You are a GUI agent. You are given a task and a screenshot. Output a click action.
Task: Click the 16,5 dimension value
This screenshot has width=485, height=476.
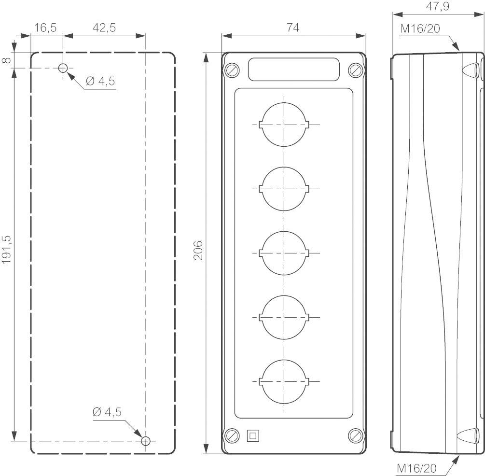point(46,28)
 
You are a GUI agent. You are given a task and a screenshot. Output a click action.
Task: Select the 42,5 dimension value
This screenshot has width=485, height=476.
point(104,28)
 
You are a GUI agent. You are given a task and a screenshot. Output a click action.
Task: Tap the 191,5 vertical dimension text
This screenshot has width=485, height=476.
point(6,249)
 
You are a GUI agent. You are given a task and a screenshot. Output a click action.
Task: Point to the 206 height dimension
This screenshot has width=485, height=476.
point(198,250)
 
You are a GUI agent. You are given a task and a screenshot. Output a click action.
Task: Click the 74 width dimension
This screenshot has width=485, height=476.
point(293,28)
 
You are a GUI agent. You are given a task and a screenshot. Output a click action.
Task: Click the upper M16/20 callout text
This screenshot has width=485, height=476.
point(420,29)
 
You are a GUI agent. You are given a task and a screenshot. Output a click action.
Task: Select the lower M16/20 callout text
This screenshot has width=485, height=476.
point(417,468)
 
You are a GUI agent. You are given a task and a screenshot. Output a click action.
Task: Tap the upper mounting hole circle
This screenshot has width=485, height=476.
point(63,68)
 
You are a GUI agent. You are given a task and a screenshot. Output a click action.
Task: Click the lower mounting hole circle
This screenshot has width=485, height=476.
point(146,441)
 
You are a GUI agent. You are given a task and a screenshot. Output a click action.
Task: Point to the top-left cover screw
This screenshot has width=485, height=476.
point(232,70)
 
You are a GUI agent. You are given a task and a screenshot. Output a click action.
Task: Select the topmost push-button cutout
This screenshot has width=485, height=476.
point(284,124)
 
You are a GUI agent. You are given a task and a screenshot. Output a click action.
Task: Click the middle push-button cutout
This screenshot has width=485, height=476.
point(284,253)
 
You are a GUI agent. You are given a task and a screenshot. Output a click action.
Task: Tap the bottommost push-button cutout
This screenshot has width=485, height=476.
point(284,381)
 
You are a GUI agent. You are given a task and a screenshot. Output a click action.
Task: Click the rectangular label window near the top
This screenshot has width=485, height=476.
point(293,69)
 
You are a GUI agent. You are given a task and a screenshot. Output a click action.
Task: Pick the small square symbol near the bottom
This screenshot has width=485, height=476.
point(252,435)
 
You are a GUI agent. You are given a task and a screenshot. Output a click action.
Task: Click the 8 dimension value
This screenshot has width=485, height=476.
point(6,60)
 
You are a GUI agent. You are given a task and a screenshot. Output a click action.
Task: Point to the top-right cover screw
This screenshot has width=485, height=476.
point(355,70)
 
